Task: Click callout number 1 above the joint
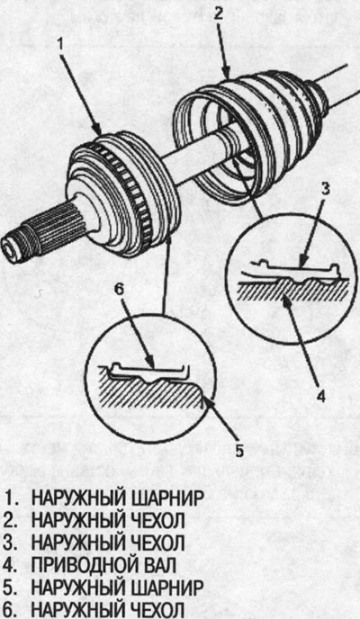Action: (x=60, y=44)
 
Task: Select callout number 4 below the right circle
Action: (x=321, y=395)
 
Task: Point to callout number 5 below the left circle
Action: (x=239, y=451)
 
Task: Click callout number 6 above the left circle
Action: (x=119, y=290)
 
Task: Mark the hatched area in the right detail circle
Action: (x=292, y=290)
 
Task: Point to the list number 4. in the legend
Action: (x=11, y=566)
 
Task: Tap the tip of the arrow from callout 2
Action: (x=228, y=77)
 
